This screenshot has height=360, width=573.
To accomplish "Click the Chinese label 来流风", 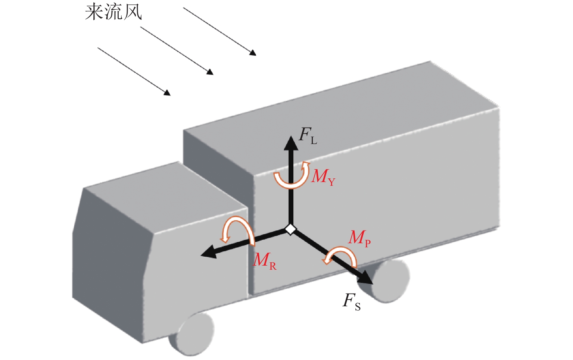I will coord(113,12).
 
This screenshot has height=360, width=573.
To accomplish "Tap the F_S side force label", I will coord(352,301).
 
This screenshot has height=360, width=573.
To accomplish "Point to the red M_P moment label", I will coord(359,238).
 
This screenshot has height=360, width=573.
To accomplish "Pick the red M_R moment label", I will coord(265,260).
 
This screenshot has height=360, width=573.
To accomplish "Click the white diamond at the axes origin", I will coord(291,229).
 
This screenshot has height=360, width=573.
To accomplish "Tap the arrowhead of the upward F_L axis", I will coord(291,143).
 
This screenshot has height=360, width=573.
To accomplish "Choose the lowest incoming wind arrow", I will coord(134,71).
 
